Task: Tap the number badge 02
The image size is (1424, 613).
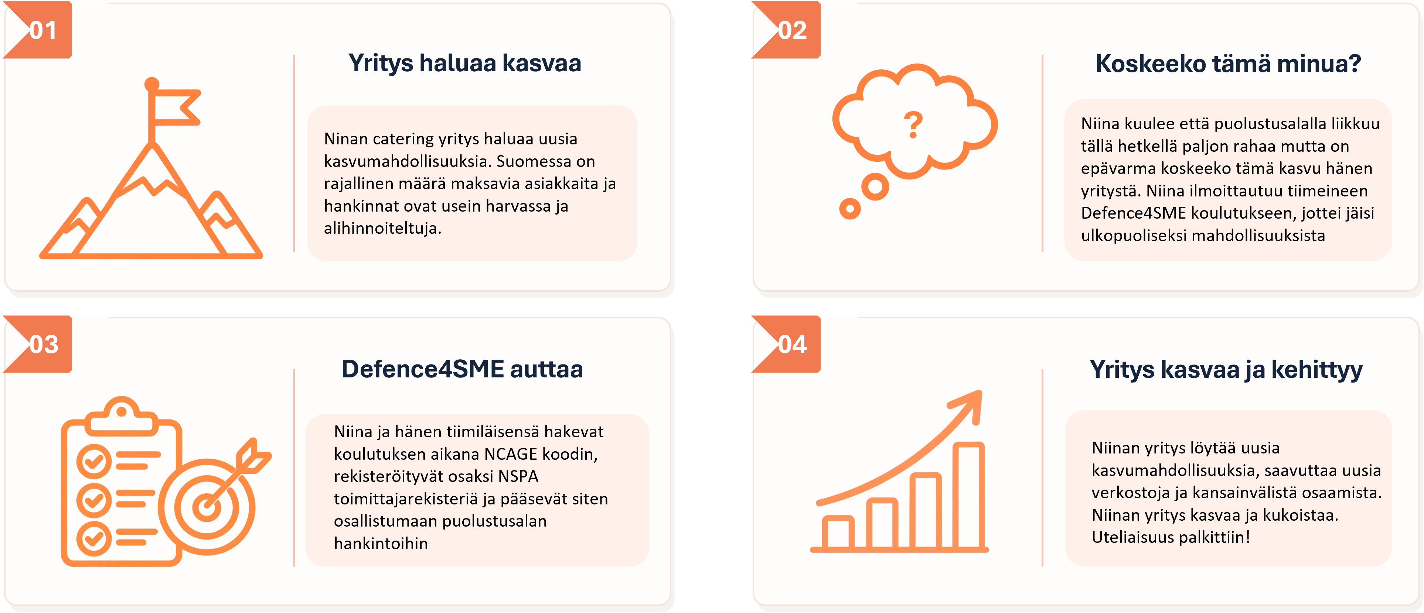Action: (x=792, y=30)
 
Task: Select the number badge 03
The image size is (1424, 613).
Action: (x=44, y=344)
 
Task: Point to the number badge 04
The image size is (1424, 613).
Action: (x=792, y=344)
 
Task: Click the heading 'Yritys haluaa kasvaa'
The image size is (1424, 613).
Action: (x=464, y=63)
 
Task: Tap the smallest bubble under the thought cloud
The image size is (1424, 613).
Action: (x=850, y=209)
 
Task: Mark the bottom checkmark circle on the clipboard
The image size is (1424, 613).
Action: (x=93, y=538)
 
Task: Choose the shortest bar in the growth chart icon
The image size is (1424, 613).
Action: (x=838, y=533)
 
